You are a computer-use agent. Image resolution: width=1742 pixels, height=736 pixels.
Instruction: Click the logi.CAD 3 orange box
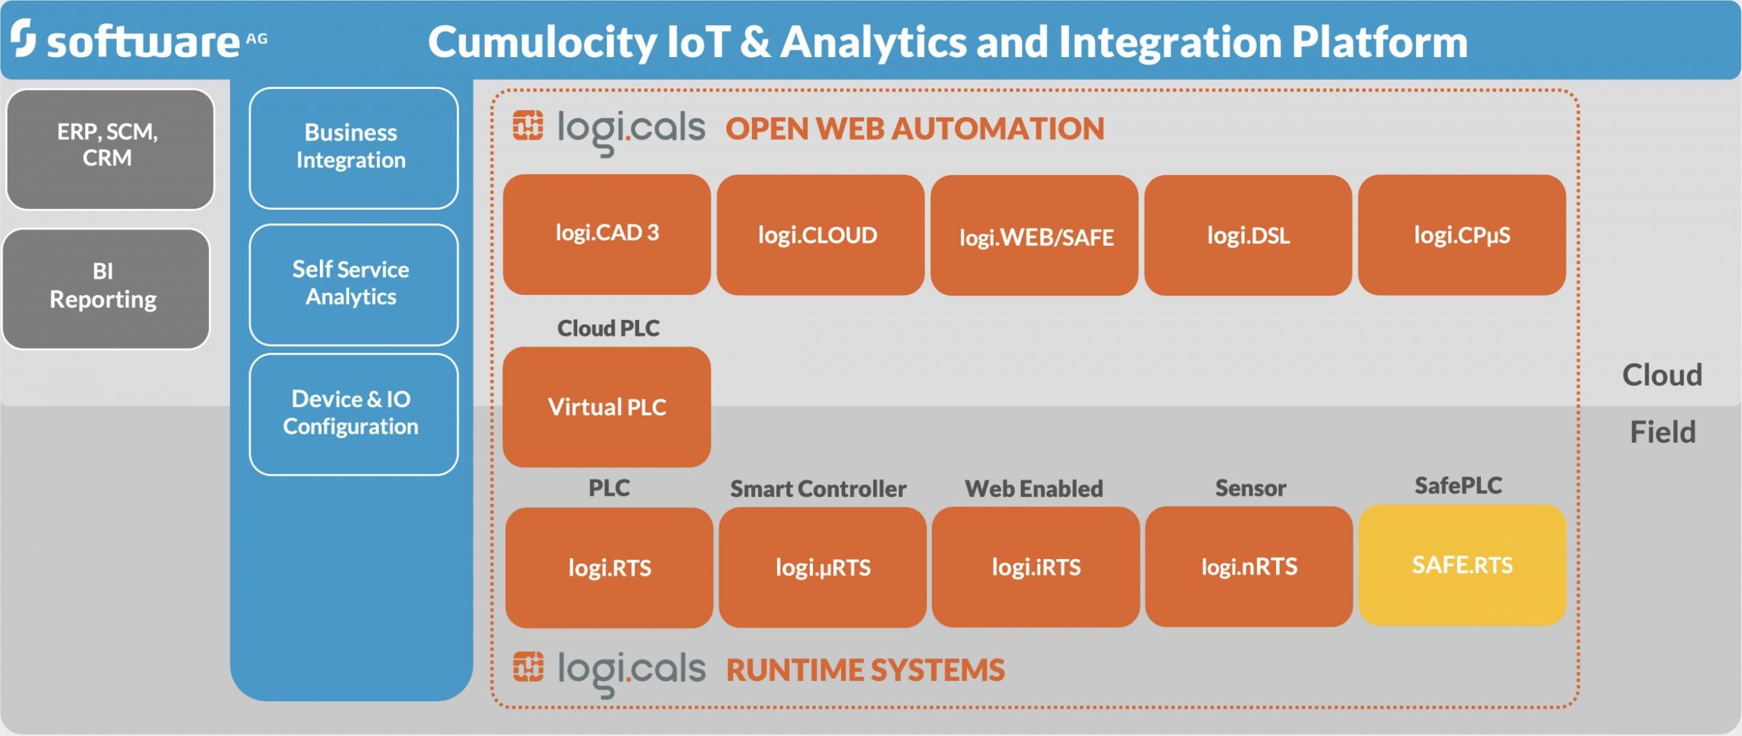(607, 234)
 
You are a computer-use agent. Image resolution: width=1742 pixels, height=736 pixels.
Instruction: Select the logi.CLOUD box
(820, 235)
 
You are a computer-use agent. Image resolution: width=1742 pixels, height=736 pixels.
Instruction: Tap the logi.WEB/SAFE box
(1034, 236)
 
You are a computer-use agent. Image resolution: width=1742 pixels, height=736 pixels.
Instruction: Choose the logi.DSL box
(1248, 235)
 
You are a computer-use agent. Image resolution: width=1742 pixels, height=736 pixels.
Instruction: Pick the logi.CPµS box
(1462, 235)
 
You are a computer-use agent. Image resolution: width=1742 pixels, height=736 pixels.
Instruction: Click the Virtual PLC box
(607, 407)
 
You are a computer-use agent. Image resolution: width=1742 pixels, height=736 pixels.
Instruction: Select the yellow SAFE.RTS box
(1462, 565)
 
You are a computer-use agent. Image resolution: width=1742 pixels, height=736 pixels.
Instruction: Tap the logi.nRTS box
(1249, 567)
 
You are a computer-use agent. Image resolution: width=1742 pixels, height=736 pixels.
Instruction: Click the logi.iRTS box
(1035, 567)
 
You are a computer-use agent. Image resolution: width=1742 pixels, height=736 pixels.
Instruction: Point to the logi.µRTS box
(822, 567)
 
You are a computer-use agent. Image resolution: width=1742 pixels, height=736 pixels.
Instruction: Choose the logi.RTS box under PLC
(609, 567)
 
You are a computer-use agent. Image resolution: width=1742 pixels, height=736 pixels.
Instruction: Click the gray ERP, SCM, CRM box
(109, 148)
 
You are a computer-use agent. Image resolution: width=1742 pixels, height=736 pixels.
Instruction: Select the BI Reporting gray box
(106, 288)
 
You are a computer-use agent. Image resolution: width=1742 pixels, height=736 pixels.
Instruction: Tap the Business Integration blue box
(353, 148)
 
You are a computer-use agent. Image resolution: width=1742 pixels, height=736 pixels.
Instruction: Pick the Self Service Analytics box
(353, 284)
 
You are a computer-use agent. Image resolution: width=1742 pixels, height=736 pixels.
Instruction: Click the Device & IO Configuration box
(353, 414)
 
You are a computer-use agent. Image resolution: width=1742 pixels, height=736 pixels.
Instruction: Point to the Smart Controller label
(818, 489)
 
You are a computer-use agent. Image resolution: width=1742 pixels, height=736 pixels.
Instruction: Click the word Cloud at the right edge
(1662, 375)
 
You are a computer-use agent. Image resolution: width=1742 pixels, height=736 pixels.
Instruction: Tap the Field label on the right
(1662, 432)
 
